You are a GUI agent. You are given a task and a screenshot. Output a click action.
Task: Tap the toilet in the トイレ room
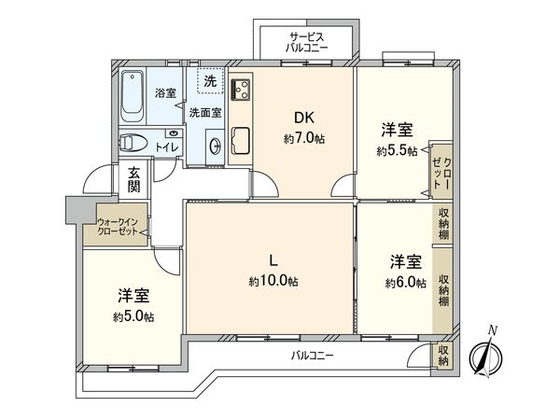[x=133, y=145]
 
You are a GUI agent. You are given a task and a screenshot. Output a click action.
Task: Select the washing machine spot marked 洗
[x=210, y=82]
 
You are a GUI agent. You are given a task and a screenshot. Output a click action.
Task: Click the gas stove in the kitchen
[x=239, y=90]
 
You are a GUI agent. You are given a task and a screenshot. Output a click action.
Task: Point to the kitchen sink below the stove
[x=239, y=140]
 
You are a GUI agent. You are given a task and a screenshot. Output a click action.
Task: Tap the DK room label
[x=303, y=119]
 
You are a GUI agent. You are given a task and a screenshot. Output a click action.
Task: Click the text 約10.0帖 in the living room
[x=273, y=281]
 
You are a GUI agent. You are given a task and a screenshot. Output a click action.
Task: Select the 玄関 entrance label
[x=134, y=179]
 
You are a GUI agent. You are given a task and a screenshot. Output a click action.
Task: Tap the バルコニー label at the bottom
[x=312, y=356]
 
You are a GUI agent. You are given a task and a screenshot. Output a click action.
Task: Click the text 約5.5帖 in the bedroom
[x=396, y=150]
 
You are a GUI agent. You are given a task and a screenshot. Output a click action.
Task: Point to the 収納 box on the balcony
[x=443, y=356]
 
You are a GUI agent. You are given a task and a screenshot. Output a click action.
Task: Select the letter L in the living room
[x=273, y=260]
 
